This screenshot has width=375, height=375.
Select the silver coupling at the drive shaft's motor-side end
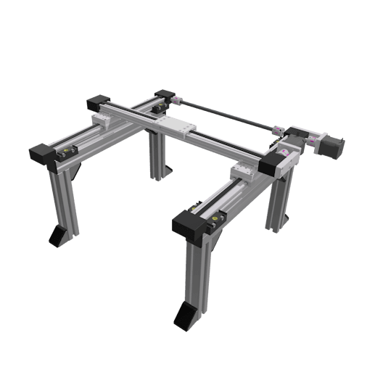[276, 131]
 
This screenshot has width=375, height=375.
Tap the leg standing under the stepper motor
[279, 199]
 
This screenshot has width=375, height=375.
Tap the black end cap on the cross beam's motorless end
[97, 103]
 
